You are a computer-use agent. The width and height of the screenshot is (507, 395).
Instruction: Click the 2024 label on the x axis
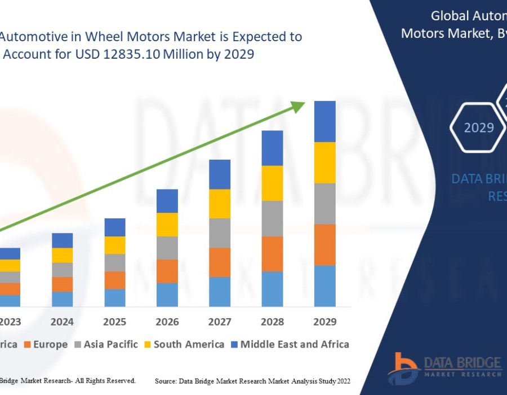pyautogui.click(x=62, y=322)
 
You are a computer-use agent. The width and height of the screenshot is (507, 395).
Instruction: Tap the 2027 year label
pyautogui.click(x=220, y=322)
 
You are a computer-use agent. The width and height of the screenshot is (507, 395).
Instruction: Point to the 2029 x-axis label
pyautogui.click(x=324, y=322)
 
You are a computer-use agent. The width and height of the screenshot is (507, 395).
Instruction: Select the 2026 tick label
pyautogui.click(x=167, y=322)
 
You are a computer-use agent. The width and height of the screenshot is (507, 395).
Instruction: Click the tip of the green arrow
pyautogui.click(x=303, y=103)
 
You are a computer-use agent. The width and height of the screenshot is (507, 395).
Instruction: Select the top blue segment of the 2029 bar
pyautogui.click(x=324, y=121)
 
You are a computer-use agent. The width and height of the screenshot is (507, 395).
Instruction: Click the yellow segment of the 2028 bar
pyautogui.click(x=272, y=183)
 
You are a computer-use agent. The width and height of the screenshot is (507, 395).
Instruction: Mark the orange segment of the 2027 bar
pyautogui.click(x=220, y=262)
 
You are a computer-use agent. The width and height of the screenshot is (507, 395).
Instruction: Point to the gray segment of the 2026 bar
pyautogui.click(x=167, y=248)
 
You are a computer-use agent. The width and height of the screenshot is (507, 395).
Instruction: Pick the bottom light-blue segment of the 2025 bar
pyautogui.click(x=115, y=298)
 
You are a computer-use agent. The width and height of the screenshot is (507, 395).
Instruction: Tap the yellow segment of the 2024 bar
pyautogui.click(x=62, y=255)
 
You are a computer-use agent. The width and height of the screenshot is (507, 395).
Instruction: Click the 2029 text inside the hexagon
pyautogui.click(x=479, y=128)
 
